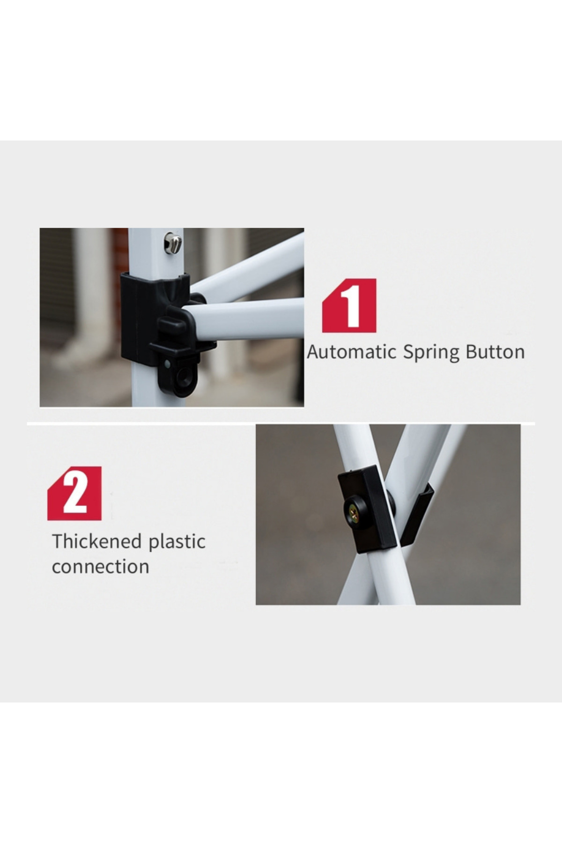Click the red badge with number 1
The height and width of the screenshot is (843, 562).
pos(349,306)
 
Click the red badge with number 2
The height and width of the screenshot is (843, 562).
pos(74,493)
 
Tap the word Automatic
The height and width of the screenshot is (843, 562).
pos(352,352)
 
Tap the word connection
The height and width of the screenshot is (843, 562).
pos(101,567)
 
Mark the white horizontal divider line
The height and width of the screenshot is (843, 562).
pos(281,424)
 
